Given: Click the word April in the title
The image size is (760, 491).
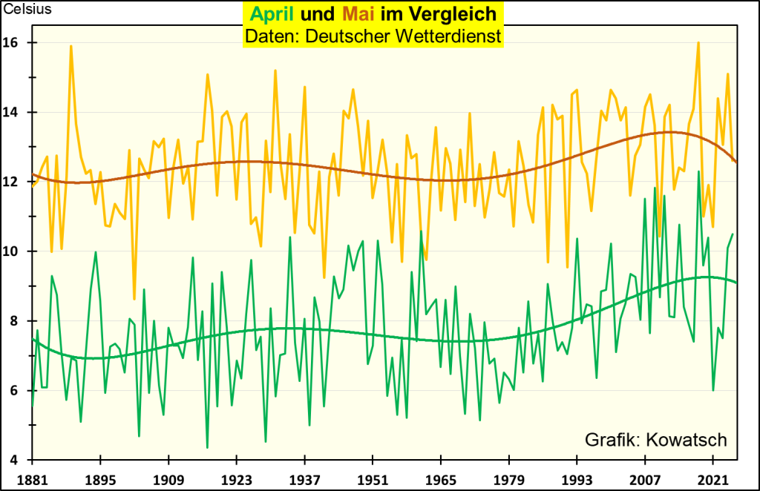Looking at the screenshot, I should pyautogui.click(x=273, y=14).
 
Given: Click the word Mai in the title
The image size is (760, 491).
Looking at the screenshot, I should pyautogui.click(x=359, y=14).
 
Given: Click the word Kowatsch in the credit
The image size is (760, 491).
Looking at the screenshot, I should pyautogui.click(x=688, y=440).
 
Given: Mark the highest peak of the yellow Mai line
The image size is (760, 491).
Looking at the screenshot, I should pyautogui.click(x=698, y=43).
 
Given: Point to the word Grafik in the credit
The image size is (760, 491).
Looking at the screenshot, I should pyautogui.click(x=614, y=440).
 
